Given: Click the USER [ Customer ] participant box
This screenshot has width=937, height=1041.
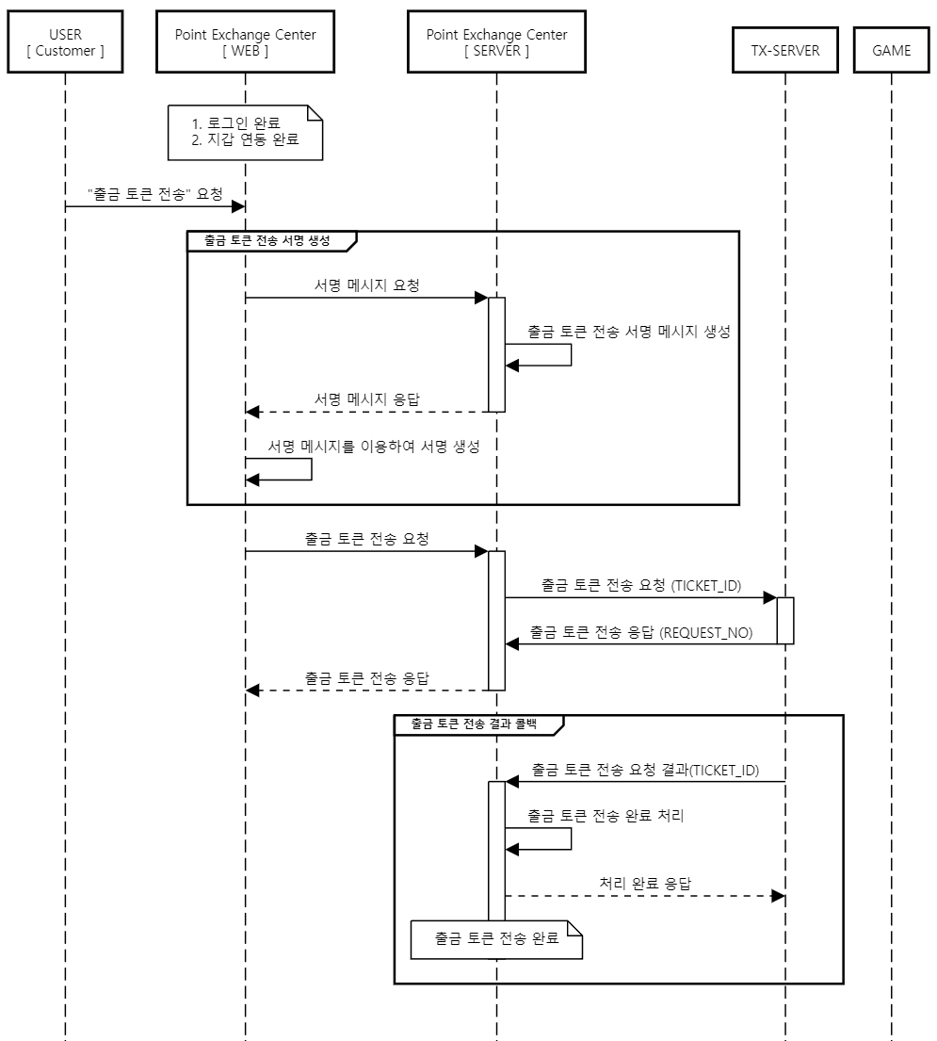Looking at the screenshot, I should click(65, 42).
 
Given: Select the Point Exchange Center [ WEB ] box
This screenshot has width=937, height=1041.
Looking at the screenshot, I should click(245, 42).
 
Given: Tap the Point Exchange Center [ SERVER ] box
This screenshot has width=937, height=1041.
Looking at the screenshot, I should click(496, 42).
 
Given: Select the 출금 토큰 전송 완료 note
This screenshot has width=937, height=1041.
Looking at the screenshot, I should click(496, 939).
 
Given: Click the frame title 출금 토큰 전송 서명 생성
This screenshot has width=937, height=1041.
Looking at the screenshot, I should click(267, 240).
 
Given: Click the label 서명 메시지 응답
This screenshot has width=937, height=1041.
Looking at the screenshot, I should click(367, 399).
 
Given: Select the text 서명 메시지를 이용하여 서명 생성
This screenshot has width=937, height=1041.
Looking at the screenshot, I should click(374, 447).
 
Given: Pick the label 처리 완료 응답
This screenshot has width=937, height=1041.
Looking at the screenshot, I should click(645, 884).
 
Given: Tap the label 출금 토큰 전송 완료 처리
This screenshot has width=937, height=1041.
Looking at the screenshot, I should click(606, 816).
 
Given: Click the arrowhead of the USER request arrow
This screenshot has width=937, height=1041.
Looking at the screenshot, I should click(238, 207).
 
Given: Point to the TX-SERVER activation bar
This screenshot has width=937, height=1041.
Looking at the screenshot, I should click(785, 620).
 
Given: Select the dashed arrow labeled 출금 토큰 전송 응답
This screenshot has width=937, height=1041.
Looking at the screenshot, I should click(367, 691).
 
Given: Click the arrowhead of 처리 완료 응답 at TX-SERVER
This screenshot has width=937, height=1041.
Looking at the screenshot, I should click(778, 896).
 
